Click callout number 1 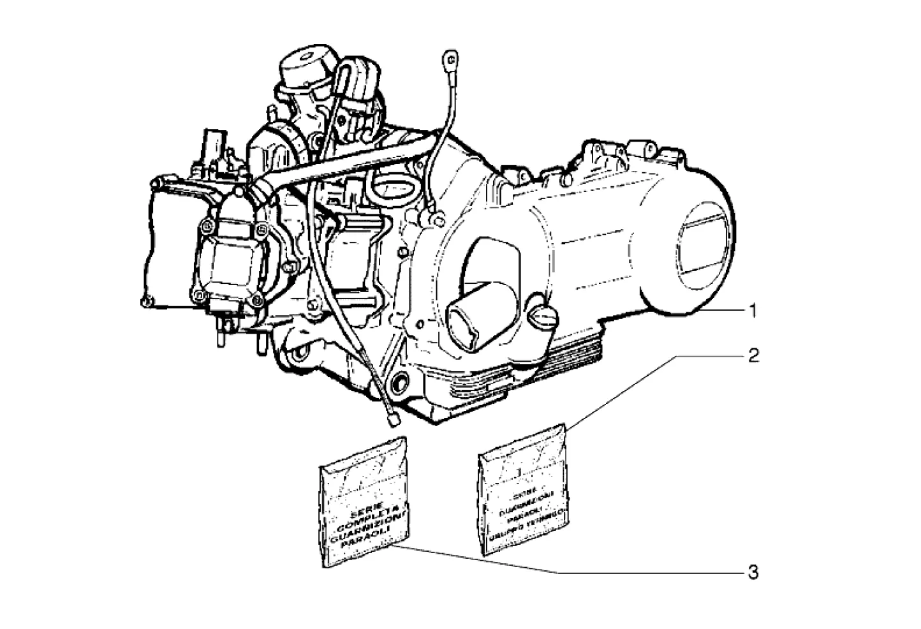click(753, 311)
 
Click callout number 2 click(753, 355)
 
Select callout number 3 click(753, 572)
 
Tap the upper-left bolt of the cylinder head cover click(206, 225)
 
